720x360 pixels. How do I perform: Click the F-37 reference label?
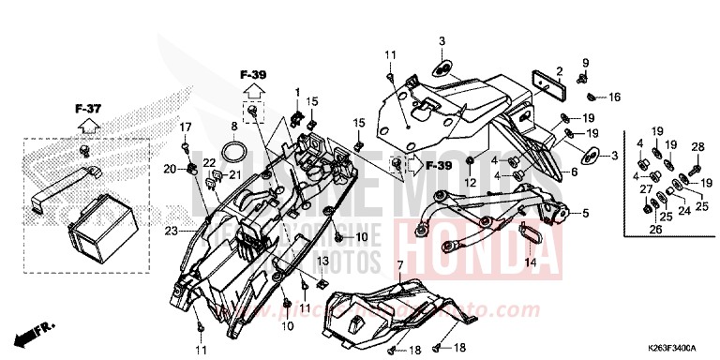point(88,109)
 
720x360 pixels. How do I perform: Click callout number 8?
point(233,125)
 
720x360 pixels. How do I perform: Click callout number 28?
point(697,146)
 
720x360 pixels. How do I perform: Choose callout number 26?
point(654,228)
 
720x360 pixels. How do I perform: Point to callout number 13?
point(321,260)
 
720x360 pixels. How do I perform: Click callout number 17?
point(186,127)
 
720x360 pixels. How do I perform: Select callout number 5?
point(585,213)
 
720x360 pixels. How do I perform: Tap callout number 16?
point(615,97)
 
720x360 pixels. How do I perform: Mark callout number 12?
point(472,181)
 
